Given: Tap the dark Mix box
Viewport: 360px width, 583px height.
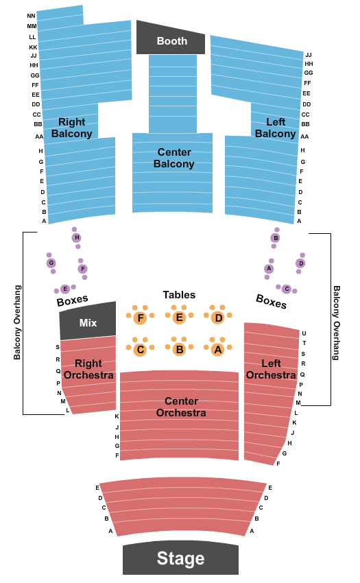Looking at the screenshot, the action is coord(88,322).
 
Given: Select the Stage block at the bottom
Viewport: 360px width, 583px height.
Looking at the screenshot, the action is coord(181,558).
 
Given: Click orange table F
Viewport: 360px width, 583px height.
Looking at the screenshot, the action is coord(140,318).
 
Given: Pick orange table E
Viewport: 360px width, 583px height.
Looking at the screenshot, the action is coord(179,318).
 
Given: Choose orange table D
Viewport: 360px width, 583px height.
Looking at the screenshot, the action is coord(218,318).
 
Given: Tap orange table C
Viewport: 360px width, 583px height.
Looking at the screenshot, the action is coord(140,350).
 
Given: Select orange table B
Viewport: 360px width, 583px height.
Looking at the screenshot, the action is coord(179,350).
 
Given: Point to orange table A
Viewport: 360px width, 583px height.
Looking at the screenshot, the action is coord(218,350).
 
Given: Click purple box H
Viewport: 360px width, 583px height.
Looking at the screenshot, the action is coord(77,237).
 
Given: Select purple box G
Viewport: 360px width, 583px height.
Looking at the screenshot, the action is coord(51,263).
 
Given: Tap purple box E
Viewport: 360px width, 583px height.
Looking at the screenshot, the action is coord(65,289).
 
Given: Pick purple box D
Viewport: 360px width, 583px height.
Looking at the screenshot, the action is coord(300,263).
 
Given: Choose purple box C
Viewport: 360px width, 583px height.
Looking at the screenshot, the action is coord(287,289).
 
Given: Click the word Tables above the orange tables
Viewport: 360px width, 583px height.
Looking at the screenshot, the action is coord(179,295).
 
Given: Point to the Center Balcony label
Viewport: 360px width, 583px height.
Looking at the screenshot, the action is coord(174,158).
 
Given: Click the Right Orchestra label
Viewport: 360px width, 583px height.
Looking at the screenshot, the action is coord(88,369).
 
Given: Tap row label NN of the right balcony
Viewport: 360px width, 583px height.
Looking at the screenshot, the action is coord(32,16).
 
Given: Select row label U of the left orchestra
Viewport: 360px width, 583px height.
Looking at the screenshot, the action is coord(304,333).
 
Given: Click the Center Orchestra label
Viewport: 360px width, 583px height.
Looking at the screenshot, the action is coord(181,407).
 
